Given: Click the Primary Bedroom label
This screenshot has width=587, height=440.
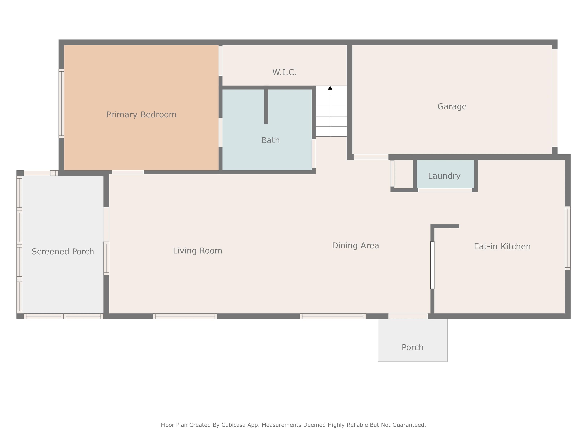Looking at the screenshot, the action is pos(141,115).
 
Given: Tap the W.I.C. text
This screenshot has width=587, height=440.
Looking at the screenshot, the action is pos(285,72).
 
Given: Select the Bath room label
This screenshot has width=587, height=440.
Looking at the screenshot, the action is pos(270,140).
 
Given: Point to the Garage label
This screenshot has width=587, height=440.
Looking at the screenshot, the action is pos(452,106).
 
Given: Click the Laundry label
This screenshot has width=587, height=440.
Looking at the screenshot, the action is pos(444,176).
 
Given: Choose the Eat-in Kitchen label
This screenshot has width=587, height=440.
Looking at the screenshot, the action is pos(502,246).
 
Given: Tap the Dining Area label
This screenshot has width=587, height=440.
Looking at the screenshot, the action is pos(356,246).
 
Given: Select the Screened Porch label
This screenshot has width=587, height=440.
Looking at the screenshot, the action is pos(63,252).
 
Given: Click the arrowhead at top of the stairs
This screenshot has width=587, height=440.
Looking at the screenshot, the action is pos(330,88).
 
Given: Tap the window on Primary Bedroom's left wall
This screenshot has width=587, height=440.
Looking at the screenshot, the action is pos(61,104).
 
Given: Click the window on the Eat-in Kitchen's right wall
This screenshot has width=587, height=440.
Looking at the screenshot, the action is pos(568,238).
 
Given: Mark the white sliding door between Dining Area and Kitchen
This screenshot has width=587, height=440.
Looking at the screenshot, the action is pos(432,265).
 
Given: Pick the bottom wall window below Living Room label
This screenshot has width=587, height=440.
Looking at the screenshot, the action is pos(185,316).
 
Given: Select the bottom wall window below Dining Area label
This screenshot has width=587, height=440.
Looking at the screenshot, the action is pos(332,316).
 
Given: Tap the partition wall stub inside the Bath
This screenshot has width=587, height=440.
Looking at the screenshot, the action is pos(266,106).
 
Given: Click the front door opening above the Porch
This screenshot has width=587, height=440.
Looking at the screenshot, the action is pos(408,316).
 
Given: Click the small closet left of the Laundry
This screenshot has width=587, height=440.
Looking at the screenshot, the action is pos(404,174).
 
